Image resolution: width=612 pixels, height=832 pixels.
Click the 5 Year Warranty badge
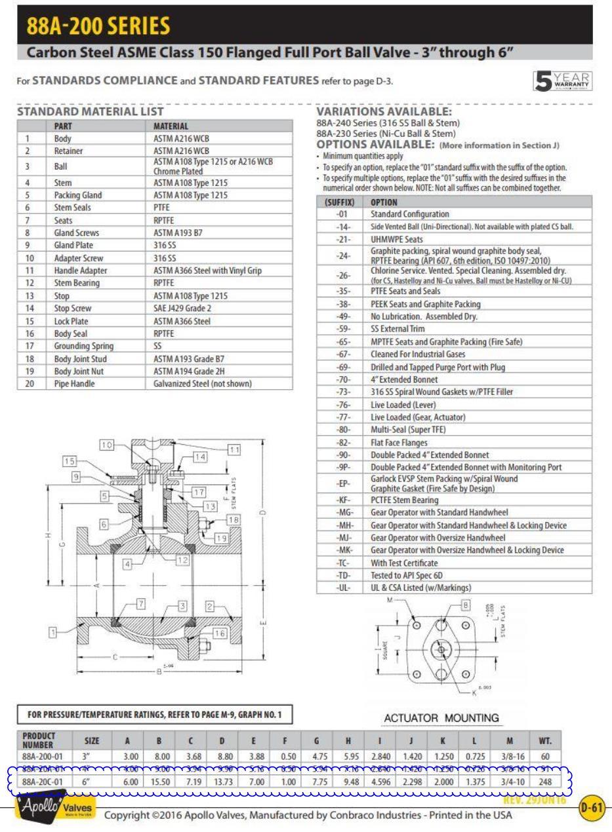coord(563,81)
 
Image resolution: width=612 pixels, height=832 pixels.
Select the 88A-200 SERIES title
coord(98,26)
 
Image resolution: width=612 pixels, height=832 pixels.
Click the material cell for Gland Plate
coord(165,245)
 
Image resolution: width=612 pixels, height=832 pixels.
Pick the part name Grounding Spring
coord(84,346)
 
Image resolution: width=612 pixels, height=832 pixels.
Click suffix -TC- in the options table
coord(343,563)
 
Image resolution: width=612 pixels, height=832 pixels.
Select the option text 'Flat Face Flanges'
coord(399,442)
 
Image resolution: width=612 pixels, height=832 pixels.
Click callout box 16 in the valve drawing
coord(220,633)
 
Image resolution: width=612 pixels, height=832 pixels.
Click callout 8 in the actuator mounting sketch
coord(465,605)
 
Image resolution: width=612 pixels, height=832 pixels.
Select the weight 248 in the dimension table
coord(545,782)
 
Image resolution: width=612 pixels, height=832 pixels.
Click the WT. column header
coord(545,740)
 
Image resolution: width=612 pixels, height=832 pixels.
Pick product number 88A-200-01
coord(43,756)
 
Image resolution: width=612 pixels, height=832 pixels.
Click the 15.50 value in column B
coord(159,782)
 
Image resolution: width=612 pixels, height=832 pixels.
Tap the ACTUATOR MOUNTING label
coord(441,718)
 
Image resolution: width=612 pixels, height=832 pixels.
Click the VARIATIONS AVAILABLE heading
coord(384,112)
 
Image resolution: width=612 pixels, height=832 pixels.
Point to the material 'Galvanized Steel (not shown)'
coord(202,384)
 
